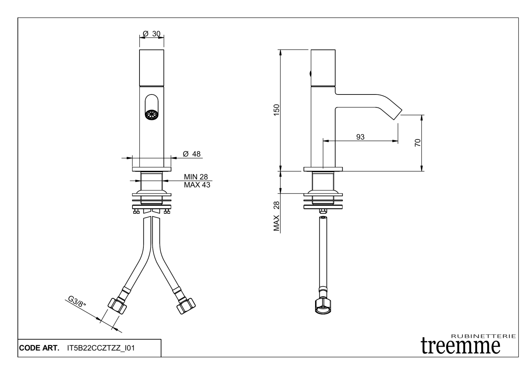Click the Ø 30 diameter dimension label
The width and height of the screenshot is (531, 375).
click(x=152, y=34)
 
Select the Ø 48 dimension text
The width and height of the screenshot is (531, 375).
click(x=192, y=154)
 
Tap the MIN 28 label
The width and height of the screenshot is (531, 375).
click(x=196, y=177)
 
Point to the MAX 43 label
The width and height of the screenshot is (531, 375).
click(x=197, y=185)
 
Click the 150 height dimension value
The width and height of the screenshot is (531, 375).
click(x=277, y=110)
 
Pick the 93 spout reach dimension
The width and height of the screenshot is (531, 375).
click(x=360, y=137)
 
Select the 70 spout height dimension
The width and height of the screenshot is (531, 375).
click(x=418, y=143)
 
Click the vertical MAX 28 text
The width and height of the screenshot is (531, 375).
click(x=277, y=216)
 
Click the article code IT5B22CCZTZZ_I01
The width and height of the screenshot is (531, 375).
click(x=101, y=348)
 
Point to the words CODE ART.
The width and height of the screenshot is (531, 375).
click(x=39, y=348)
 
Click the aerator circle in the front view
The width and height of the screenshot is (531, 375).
click(x=151, y=115)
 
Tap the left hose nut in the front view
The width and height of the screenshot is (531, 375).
click(x=117, y=305)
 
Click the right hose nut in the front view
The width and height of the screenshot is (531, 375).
click(x=186, y=305)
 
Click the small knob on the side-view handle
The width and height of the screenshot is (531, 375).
click(x=310, y=74)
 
